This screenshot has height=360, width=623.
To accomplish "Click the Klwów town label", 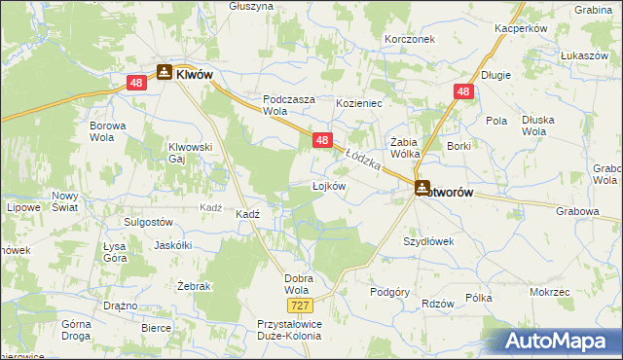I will [195, 73].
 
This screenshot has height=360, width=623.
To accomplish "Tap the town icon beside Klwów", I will [165, 72].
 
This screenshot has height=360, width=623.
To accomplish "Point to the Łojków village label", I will [329, 185].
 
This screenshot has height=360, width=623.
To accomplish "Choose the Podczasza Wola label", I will [288, 104].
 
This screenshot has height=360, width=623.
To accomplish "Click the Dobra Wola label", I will [298, 283].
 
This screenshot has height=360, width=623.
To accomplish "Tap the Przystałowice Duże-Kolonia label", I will [275, 334].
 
